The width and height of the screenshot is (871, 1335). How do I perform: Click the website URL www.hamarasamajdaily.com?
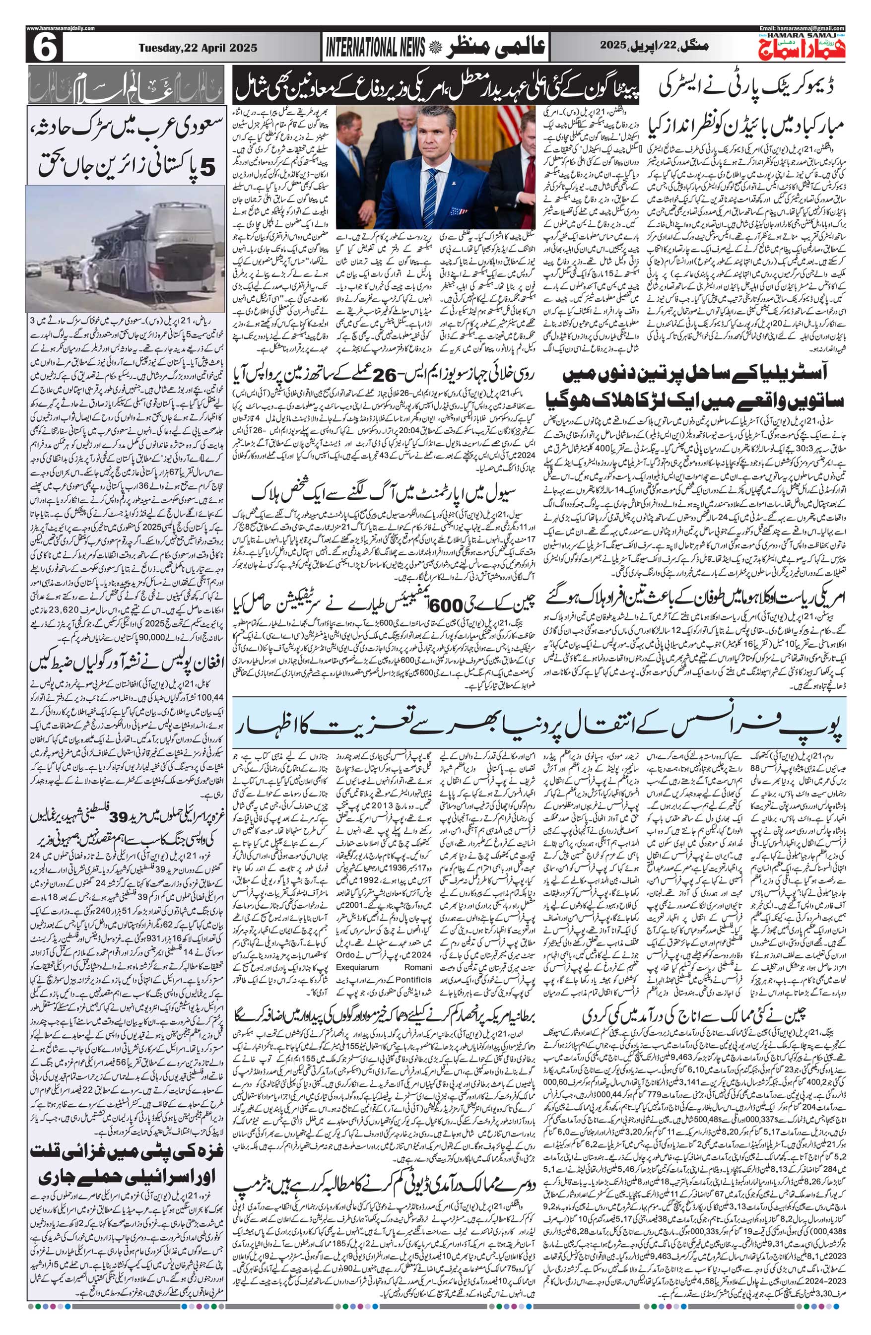click(x=61, y=28)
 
